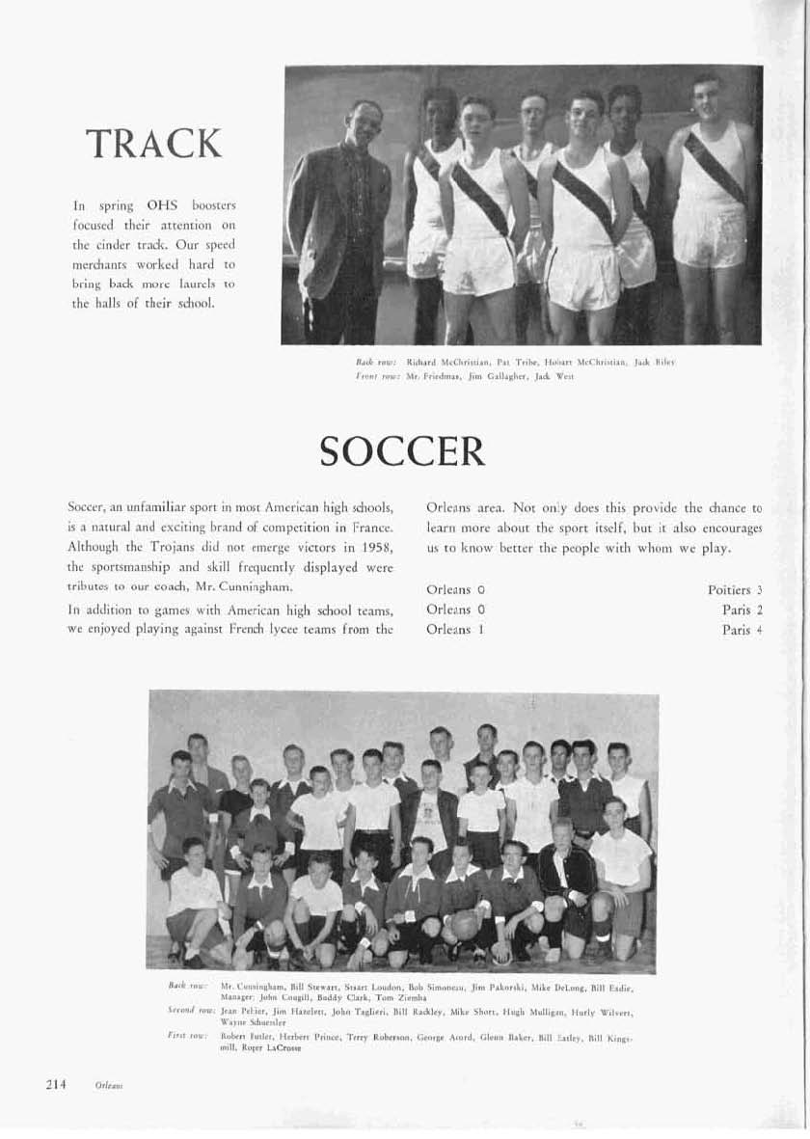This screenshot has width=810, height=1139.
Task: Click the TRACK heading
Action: [154, 144]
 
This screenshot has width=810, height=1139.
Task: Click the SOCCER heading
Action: [401, 449]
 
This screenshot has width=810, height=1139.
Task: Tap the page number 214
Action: [56, 1084]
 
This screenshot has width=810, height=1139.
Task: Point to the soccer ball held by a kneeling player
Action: [463, 925]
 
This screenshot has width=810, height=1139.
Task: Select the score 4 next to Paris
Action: [760, 629]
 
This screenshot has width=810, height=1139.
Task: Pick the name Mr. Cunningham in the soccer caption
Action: [252, 988]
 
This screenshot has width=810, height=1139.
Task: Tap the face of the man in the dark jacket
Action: [365, 122]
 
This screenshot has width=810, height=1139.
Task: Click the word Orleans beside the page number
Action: [107, 1085]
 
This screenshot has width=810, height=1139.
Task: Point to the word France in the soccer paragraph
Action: [372, 529]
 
